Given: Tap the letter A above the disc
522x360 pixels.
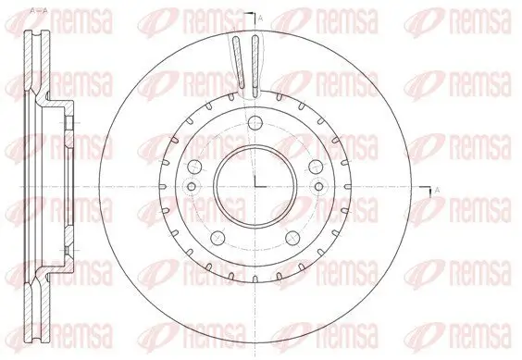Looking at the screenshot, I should [259, 19].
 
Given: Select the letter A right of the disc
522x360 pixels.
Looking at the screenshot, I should [436, 190].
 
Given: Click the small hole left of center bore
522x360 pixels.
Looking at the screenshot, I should [192, 188].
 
